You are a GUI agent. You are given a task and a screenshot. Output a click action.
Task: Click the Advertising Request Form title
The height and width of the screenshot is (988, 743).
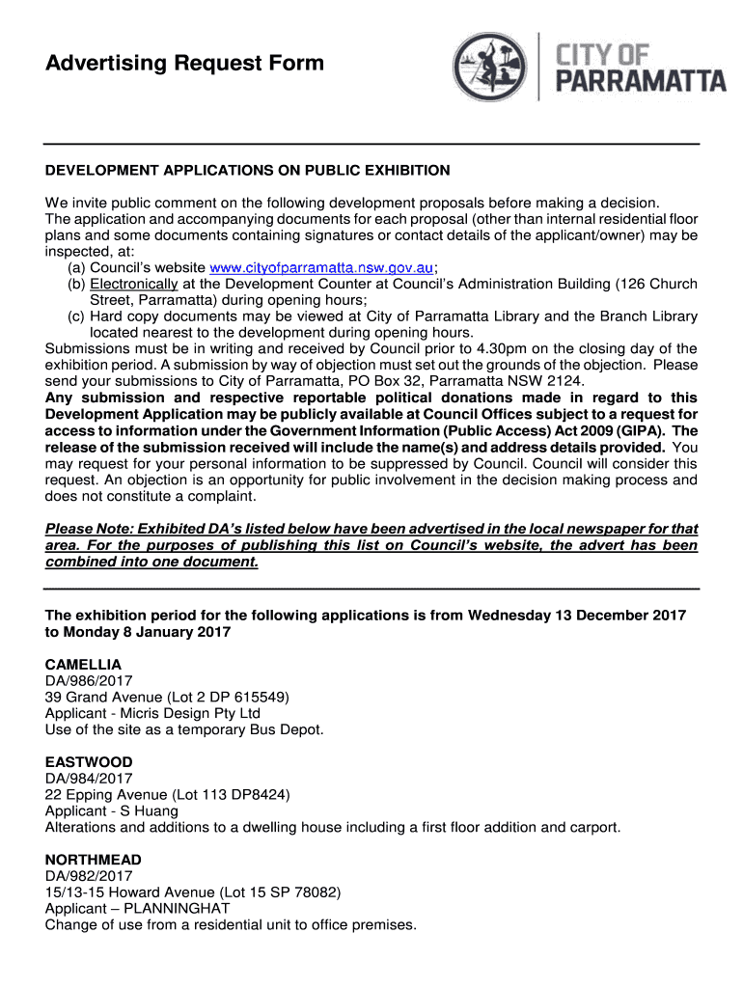(185, 65)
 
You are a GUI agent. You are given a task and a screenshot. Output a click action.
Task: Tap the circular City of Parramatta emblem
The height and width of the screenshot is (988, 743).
(491, 68)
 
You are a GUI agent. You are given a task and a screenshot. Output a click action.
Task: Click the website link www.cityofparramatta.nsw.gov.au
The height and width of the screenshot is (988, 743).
(321, 267)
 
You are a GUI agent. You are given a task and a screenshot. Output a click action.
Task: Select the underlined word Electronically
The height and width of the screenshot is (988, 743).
(134, 284)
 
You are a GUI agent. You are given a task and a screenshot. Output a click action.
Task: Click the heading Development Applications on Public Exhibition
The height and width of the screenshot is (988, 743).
(248, 171)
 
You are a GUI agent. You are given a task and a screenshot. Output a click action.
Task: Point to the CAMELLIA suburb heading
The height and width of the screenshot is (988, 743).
(84, 665)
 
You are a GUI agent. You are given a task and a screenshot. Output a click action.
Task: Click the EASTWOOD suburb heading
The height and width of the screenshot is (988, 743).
(89, 762)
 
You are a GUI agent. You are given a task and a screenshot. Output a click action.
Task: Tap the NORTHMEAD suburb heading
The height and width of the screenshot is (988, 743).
(94, 860)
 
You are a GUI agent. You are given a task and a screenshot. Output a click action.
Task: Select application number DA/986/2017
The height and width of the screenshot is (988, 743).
(89, 681)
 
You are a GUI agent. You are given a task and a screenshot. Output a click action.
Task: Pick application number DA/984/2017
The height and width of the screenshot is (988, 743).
(89, 779)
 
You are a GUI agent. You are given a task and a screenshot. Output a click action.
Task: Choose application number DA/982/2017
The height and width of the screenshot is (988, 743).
(89, 876)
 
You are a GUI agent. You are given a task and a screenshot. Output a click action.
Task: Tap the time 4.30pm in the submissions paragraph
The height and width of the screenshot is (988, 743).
(489, 349)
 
